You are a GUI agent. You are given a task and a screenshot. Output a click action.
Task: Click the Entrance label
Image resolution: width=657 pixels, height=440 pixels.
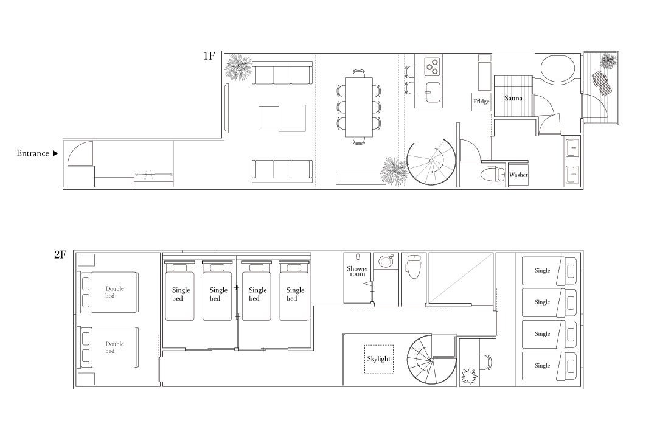[33, 153]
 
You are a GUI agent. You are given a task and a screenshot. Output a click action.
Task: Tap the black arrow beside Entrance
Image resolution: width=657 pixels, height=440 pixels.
[55, 154]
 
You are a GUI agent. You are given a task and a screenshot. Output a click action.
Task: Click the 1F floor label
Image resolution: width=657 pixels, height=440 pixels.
[209, 56]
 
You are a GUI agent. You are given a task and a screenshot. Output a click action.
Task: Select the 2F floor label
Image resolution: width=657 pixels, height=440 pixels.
[60, 254]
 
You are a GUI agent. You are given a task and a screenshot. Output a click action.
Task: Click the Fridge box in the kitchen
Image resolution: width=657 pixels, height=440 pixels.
[481, 102]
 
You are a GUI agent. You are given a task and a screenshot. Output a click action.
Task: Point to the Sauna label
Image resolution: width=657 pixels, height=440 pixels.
[513, 98]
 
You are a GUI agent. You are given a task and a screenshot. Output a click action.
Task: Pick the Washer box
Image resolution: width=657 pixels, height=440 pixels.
[518, 174]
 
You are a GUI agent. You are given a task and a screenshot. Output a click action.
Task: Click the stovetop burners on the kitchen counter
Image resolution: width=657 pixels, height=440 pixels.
[431, 66]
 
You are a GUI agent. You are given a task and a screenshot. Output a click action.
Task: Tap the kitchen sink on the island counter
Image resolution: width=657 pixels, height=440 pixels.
[433, 92]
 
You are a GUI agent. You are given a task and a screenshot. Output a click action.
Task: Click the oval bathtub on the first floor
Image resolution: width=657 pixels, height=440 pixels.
[558, 69]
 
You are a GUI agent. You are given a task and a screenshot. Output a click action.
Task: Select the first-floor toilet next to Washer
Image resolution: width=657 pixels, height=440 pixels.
[492, 173]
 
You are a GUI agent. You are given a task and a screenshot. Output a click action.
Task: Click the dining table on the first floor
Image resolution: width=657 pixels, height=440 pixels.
[359, 107]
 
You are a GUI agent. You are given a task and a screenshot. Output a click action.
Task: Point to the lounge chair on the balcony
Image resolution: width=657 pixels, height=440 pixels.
[602, 84]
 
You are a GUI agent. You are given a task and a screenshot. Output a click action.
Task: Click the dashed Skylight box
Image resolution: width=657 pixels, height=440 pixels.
[379, 359]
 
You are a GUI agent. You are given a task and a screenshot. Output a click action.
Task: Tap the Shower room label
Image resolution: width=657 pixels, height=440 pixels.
[358, 271]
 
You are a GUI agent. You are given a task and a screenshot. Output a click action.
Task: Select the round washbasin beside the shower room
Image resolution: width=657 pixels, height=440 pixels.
[386, 261]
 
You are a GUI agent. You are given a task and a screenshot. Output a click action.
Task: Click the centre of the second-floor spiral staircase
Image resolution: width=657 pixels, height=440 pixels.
[431, 360]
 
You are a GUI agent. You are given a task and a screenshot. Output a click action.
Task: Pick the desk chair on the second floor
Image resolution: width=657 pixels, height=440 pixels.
[485, 363]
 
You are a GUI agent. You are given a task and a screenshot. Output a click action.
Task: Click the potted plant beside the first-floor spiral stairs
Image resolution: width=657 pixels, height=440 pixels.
[395, 170]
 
